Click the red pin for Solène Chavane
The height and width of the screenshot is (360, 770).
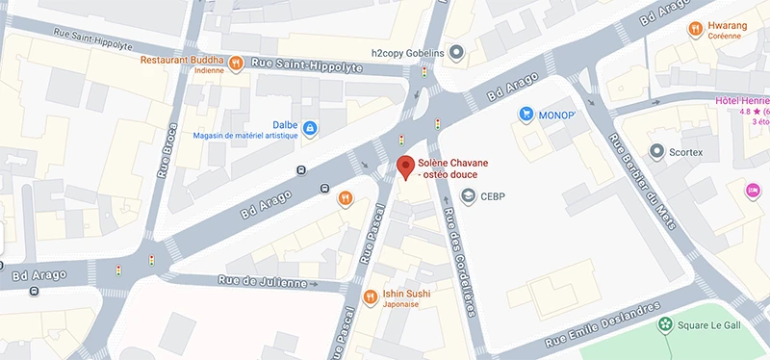(x=406, y=167)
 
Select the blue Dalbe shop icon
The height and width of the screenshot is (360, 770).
(x=310, y=127)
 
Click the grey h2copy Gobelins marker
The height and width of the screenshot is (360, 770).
(x=457, y=52)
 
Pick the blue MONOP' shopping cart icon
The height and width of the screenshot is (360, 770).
(x=526, y=115)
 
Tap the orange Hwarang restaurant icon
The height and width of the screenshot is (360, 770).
(x=694, y=30)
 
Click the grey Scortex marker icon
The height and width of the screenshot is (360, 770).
(x=657, y=152)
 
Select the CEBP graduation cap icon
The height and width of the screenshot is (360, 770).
(x=469, y=197)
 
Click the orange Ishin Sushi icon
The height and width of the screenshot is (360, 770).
(x=371, y=296)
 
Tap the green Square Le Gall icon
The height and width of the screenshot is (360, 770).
(x=664, y=325)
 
